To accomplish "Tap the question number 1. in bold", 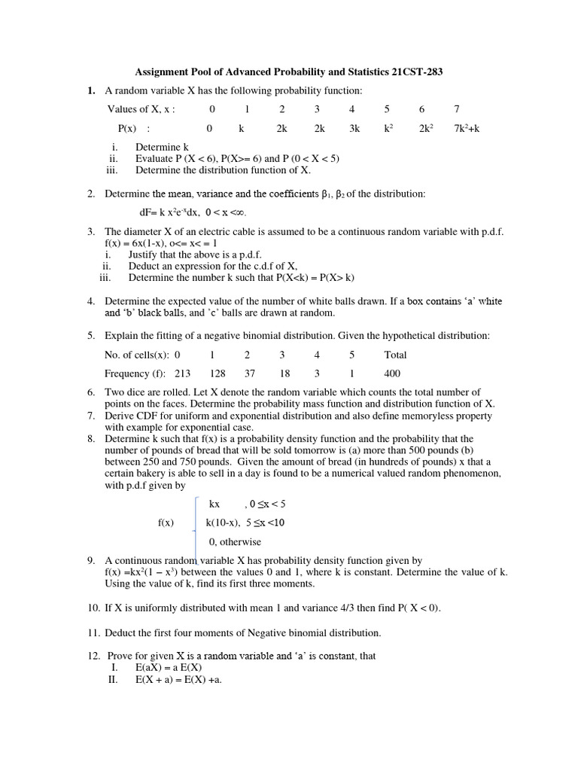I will (x=91, y=91).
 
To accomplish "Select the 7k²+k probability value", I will (x=467, y=129).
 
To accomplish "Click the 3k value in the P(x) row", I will (x=354, y=129).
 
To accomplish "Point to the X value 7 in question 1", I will (x=456, y=110).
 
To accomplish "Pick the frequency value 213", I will (x=183, y=373).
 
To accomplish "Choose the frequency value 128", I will (x=218, y=373).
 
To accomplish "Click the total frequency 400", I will (x=392, y=373).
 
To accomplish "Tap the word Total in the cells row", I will (x=395, y=355).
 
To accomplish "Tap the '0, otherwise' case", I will (x=235, y=542).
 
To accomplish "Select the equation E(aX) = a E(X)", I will (x=169, y=667).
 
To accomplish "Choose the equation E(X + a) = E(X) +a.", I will (x=178, y=679).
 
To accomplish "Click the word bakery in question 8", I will (x=150, y=474).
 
